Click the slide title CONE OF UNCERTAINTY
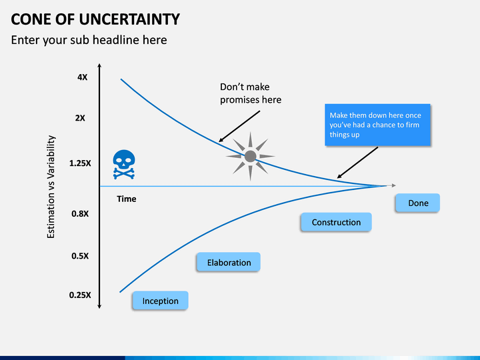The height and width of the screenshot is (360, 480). pos(95,19)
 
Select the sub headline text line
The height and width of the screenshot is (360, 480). pos(89,40)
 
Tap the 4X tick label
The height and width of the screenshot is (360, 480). pos(82,77)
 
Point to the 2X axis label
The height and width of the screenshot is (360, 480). pos(80,118)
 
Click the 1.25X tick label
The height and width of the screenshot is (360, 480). pos(80,163)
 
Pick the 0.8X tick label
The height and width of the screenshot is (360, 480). pos(80,214)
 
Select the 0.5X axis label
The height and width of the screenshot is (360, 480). pos(80,256)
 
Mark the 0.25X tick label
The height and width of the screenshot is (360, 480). pos(80,295)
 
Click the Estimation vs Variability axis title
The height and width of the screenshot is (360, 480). pos(51,187)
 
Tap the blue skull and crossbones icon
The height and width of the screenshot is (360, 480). pos(124,164)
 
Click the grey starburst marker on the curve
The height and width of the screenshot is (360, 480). pos(251,157)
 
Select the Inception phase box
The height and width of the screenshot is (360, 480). pos(160,300)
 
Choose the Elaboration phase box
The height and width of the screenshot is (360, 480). pos(229,262)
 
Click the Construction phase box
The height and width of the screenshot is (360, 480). pos(336,222)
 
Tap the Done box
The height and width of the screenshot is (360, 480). pos(417,203)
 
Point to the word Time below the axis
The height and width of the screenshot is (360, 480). pos(127,199)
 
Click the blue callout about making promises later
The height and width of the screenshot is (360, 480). pos(377,125)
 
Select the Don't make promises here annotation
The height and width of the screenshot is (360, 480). pos(251,93)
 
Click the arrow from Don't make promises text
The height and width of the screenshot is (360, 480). pos(239,126)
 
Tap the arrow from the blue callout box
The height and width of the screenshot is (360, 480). pos(357,162)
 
